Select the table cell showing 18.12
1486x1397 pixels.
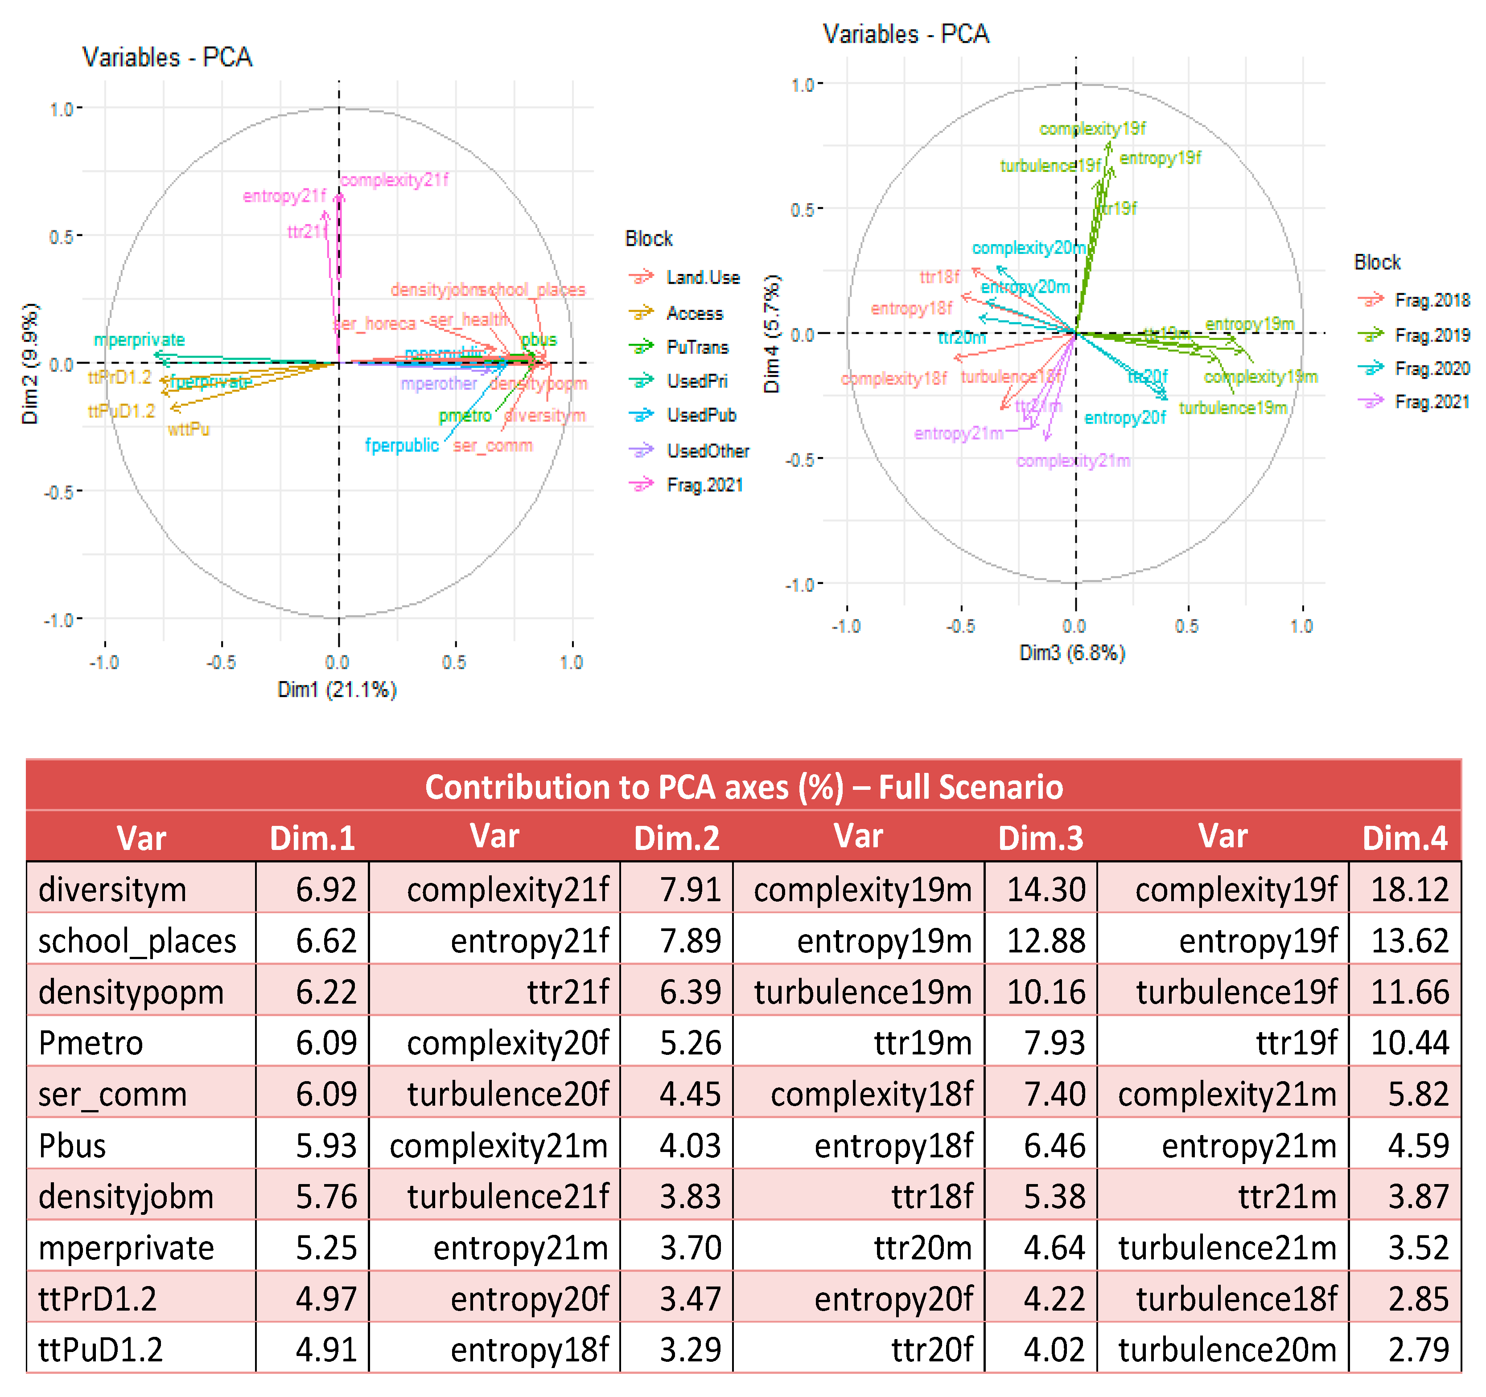point(1409,889)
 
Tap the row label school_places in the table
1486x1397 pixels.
point(137,940)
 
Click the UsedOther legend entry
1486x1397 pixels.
point(707,451)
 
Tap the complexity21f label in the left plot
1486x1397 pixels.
point(394,180)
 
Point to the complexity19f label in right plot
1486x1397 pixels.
point(1092,128)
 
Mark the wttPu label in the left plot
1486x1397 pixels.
point(188,429)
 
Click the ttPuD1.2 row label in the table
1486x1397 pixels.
point(100,1349)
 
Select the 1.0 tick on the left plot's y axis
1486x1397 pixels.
point(61,110)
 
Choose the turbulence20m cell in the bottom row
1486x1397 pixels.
point(1227,1349)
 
